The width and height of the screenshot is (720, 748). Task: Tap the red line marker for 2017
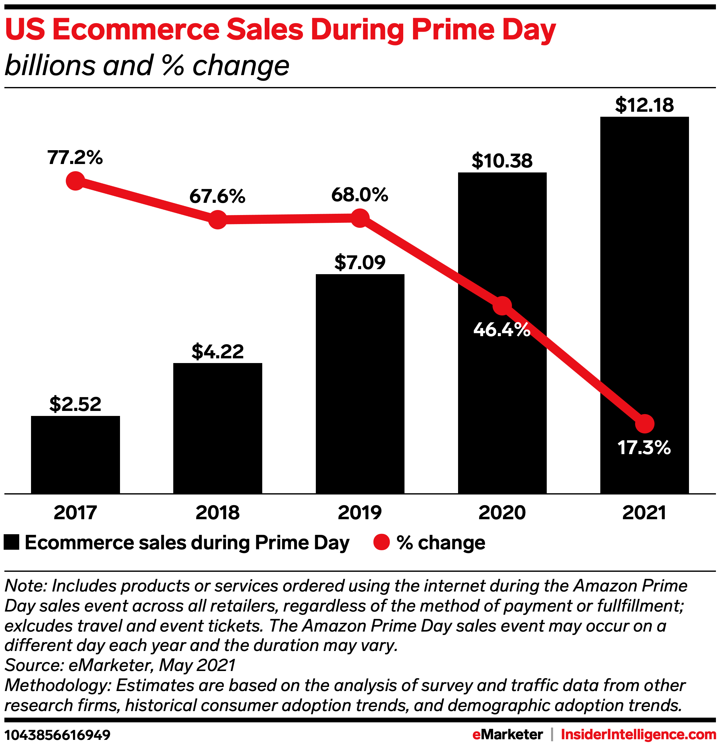tap(75, 181)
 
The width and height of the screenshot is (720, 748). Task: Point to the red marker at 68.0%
tap(360, 218)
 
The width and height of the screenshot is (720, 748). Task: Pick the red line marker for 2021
tap(645, 424)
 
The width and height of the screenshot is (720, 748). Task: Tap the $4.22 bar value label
tap(218, 351)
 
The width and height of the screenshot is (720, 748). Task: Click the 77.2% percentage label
tap(75, 157)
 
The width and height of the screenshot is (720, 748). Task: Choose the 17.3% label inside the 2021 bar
tap(644, 447)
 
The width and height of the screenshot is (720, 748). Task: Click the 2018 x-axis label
tap(218, 513)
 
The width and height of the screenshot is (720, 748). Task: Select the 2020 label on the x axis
tap(502, 513)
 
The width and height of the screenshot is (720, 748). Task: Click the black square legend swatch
tap(12, 542)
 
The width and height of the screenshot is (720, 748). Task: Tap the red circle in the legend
tap(381, 542)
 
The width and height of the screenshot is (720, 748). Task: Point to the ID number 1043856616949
tap(57, 735)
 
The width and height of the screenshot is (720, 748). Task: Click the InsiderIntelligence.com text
tap(638, 734)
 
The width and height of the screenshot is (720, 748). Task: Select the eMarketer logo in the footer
tap(507, 734)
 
